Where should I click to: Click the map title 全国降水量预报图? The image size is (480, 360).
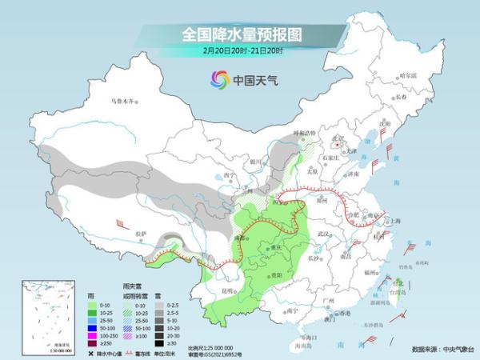pos(239,34)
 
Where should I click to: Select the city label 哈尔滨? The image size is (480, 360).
pos(409,75)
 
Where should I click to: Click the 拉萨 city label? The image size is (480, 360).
pos(142,233)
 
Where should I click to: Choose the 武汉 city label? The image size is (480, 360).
pos(323,233)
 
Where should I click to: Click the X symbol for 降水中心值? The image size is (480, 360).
pos(92,352)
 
